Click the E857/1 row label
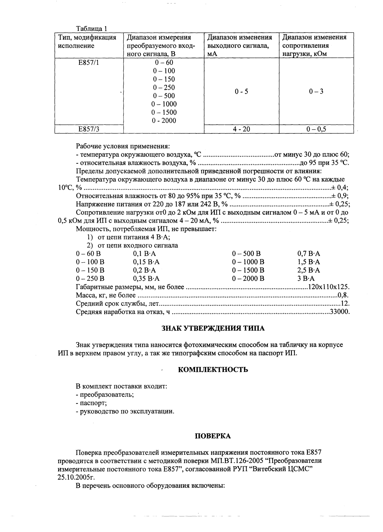[89, 63]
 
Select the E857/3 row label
[89, 129]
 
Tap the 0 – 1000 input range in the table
[164, 104]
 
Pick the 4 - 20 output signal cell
[241, 129]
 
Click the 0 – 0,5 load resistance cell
[316, 129]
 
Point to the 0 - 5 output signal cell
[241, 92]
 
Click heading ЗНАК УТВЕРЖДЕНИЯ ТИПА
[213, 328]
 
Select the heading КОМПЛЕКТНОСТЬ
[213, 370]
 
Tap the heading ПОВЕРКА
[212, 436]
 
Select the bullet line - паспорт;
[91, 403]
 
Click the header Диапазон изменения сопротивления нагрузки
[316, 45]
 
